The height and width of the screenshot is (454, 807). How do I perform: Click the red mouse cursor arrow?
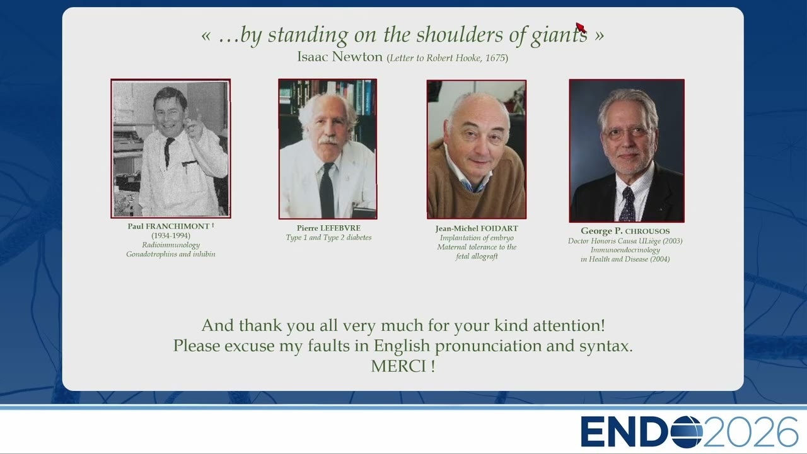pyautogui.click(x=581, y=27)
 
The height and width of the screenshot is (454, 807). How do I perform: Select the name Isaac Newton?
pyautogui.click(x=339, y=57)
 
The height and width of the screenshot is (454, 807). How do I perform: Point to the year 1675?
pyautogui.click(x=495, y=58)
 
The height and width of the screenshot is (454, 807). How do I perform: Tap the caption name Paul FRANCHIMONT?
pyautogui.click(x=168, y=226)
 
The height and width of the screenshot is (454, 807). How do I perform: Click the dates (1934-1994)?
pyautogui.click(x=171, y=236)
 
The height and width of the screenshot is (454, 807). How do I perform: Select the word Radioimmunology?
pyautogui.click(x=171, y=245)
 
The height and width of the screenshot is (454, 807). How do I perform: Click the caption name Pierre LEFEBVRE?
pyautogui.click(x=328, y=228)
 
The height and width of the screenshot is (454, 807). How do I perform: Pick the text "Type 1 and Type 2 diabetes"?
pyautogui.click(x=328, y=238)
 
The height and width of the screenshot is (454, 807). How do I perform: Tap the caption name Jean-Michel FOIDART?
pyautogui.click(x=477, y=228)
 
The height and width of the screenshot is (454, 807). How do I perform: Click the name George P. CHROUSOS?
pyautogui.click(x=625, y=231)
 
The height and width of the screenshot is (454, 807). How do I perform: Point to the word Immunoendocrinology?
pyautogui.click(x=625, y=250)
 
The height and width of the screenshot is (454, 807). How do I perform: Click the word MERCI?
pyautogui.click(x=398, y=366)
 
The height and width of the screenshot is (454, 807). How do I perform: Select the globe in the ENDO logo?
pyautogui.click(x=687, y=432)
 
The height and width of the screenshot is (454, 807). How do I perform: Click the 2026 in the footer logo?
pyautogui.click(x=750, y=432)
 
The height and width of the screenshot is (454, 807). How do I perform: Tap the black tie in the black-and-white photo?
pyautogui.click(x=168, y=151)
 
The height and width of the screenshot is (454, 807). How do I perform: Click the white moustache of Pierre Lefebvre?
pyautogui.click(x=328, y=141)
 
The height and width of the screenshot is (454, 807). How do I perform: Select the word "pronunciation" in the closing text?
pyautogui.click(x=488, y=346)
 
